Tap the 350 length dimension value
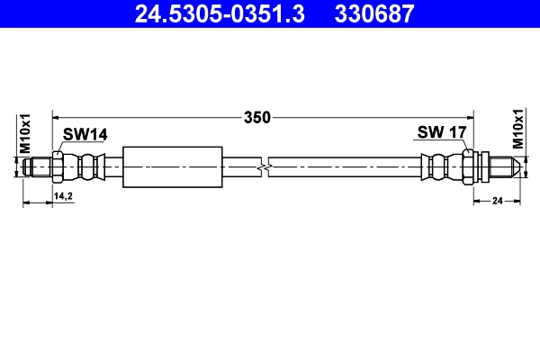[x=257, y=117]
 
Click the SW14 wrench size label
[x=85, y=134]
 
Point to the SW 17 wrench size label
[x=441, y=133]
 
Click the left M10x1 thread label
[x=25, y=132]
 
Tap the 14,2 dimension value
[x=64, y=195]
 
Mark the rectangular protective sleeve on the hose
[x=171, y=166]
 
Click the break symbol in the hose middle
[x=263, y=166]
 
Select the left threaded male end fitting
[x=39, y=166]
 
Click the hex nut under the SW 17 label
[x=469, y=166]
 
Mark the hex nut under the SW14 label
[x=58, y=166]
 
